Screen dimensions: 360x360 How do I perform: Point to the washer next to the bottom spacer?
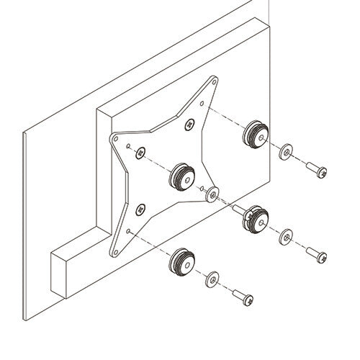(211, 278)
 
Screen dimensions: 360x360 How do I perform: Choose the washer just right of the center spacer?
(211, 193)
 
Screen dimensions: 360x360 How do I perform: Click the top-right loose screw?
(316, 169)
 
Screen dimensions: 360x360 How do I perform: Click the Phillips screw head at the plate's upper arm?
(189, 124)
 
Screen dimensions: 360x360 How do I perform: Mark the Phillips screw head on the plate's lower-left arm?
(140, 210)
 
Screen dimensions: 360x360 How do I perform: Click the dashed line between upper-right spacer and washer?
(272, 143)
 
